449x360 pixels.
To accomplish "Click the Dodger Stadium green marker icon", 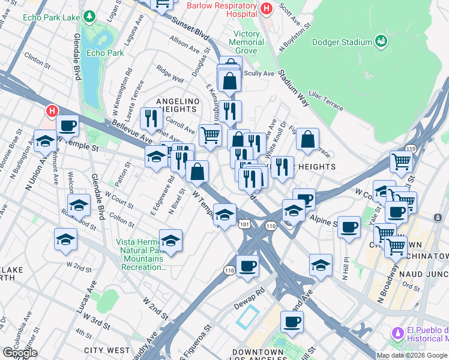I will [x=381, y=41].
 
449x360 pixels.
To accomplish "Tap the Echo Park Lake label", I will [x=51, y=17].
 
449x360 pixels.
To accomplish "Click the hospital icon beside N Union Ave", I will [x=52, y=111].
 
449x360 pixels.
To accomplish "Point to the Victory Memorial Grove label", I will [x=246, y=42].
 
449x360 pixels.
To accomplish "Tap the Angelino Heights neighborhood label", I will [x=176, y=105].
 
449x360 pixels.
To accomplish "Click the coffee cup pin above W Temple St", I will [x=68, y=125].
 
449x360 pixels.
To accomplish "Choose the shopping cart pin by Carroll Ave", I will [x=209, y=135].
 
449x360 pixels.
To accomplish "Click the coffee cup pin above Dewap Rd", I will [x=247, y=265].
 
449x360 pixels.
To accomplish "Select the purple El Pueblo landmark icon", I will [x=397, y=332].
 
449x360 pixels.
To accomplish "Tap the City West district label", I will [x=107, y=350].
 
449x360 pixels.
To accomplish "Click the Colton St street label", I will [x=122, y=219].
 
